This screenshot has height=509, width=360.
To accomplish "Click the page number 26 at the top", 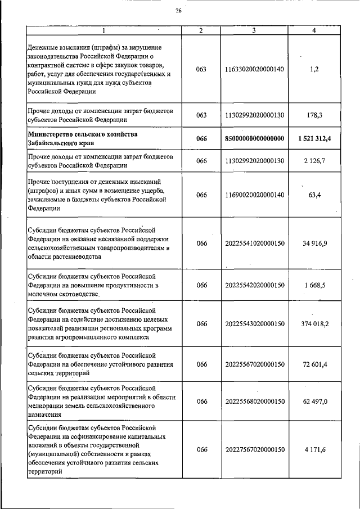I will coord(178,11).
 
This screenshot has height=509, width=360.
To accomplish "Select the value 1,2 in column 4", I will coord(314,69).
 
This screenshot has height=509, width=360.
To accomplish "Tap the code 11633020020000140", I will coord(254,69).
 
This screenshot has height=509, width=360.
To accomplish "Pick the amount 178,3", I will coord(314,115).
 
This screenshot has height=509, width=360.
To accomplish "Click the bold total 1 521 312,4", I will coord(314,138).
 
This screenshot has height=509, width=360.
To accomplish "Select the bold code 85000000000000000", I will coord(254,138).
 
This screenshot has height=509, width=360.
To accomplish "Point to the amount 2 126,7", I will coord(314,161).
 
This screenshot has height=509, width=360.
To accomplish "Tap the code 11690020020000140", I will coord(254,195).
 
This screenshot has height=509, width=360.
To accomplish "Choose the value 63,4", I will coord(314,195).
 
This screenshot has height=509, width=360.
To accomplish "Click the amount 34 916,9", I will coord(314,244).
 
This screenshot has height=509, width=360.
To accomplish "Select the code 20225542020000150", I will coord(254,285).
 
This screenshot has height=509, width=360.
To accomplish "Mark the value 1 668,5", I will coord(314,285).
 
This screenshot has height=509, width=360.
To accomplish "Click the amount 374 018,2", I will coord(314,324).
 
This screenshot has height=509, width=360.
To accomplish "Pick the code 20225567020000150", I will coord(254,364).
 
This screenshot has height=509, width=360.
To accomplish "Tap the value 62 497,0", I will coord(314,401).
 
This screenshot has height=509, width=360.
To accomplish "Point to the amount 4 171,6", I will coord(314,450).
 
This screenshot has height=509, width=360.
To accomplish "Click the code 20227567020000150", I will coord(254,450).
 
